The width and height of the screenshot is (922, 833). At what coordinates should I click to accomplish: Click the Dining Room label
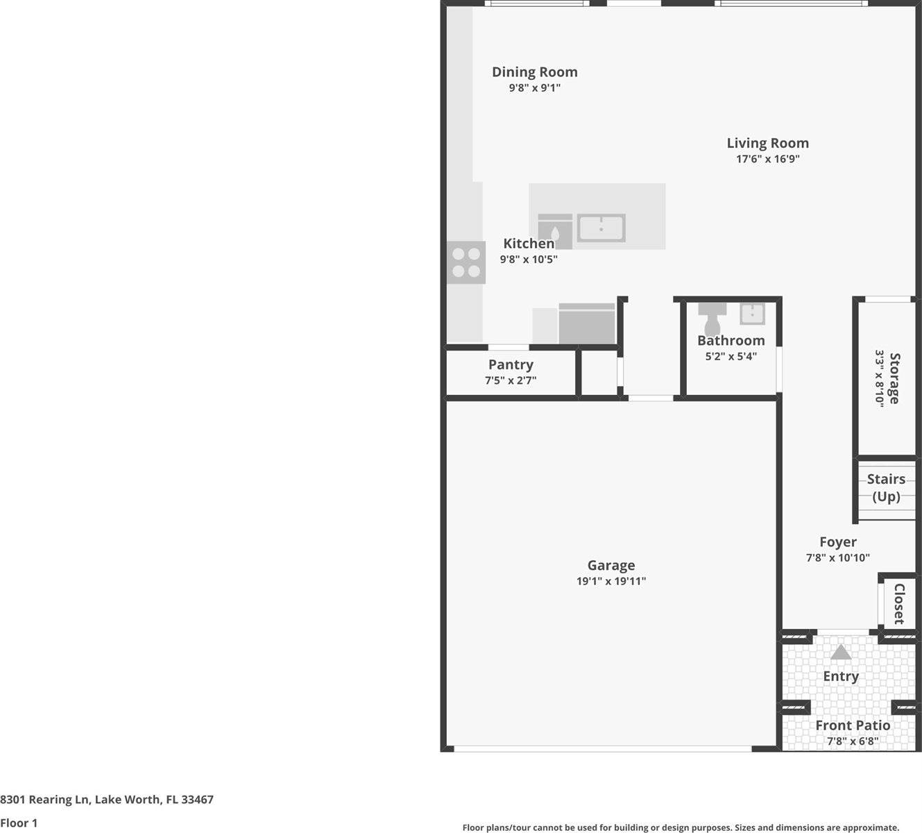click(x=534, y=72)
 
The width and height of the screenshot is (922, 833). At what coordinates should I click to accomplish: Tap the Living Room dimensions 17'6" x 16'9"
click(x=767, y=159)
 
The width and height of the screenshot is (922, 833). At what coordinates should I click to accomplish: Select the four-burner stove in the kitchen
click(x=466, y=262)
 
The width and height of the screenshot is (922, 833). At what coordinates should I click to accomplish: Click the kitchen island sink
click(x=601, y=228)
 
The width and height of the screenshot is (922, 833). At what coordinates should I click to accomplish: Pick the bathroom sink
click(x=752, y=314)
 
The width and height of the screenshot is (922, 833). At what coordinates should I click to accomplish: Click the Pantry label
click(x=511, y=365)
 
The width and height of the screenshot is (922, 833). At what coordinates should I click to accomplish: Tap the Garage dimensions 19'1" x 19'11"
click(x=611, y=581)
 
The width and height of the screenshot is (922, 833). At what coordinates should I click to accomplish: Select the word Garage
click(x=611, y=566)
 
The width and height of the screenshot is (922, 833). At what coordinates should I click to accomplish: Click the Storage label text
click(x=894, y=378)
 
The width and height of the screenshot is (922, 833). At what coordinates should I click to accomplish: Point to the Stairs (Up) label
click(x=886, y=488)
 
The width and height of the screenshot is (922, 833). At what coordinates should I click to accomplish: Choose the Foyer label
click(x=837, y=542)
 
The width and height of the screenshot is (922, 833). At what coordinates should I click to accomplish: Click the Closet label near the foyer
click(x=898, y=603)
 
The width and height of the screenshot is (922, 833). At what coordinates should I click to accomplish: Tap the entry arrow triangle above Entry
click(x=841, y=653)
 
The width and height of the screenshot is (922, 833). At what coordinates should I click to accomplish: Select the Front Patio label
click(x=853, y=725)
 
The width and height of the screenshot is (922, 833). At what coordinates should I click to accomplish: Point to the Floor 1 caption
click(x=19, y=823)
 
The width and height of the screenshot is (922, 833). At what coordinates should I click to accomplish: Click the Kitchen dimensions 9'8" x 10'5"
click(x=529, y=260)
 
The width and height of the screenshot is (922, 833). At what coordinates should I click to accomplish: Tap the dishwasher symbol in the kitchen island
click(x=555, y=231)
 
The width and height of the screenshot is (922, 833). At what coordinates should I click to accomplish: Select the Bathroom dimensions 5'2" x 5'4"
click(x=731, y=357)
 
